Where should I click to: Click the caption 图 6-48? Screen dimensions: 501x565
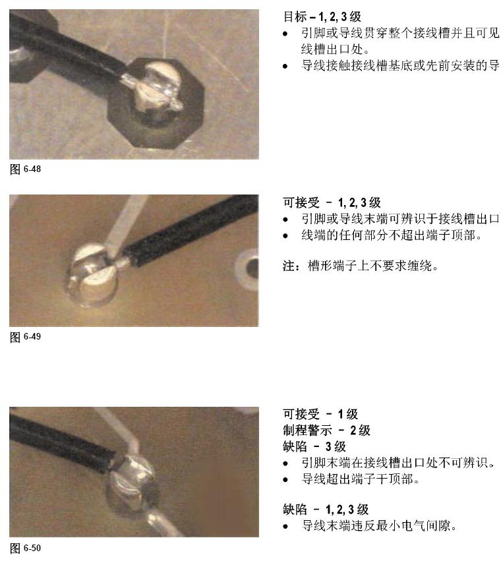(25, 169)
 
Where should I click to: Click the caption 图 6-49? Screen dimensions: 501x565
(25, 336)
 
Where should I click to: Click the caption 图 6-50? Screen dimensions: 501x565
(25, 548)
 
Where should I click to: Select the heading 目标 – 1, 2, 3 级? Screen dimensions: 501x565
(322, 16)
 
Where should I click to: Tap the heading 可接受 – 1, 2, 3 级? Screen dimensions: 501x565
(332, 202)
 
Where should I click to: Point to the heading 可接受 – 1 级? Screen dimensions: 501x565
(320, 414)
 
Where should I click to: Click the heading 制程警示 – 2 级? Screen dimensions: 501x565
(326, 431)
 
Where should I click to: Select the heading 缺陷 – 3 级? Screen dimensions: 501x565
(314, 446)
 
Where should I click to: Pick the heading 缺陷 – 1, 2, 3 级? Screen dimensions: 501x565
(326, 510)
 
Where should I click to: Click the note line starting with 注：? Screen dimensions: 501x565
(361, 266)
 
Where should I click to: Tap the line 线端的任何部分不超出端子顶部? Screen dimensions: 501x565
(392, 235)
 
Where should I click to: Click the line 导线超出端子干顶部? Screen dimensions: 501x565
(360, 479)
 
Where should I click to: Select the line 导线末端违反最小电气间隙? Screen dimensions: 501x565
(379, 525)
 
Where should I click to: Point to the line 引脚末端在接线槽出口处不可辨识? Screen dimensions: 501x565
(398, 463)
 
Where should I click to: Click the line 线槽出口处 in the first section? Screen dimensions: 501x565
(335, 49)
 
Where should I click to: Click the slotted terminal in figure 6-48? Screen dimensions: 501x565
(156, 91)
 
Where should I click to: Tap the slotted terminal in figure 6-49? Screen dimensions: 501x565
(93, 274)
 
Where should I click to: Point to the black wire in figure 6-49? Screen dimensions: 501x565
(191, 230)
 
